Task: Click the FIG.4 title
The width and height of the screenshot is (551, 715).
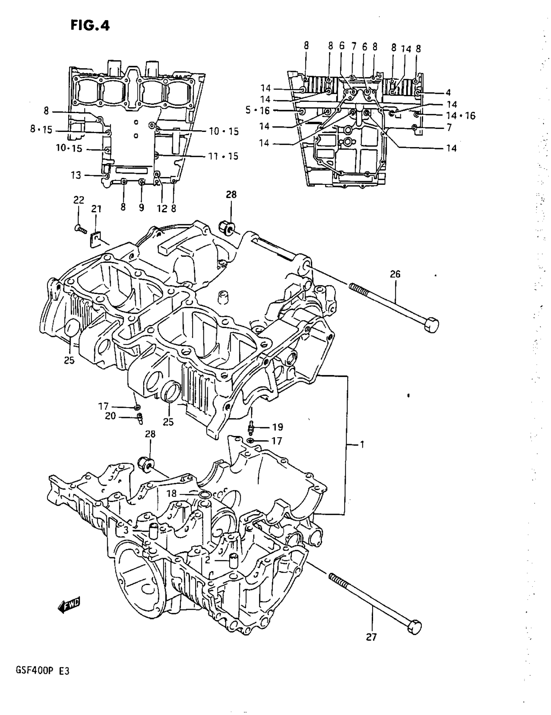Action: (x=90, y=26)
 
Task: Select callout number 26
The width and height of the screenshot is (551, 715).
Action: (x=395, y=274)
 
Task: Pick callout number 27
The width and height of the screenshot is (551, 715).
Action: (x=371, y=637)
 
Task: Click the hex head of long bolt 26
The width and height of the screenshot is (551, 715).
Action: (x=431, y=325)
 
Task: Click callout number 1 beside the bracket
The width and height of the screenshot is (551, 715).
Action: (x=362, y=445)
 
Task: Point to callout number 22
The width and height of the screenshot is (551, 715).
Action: (x=78, y=200)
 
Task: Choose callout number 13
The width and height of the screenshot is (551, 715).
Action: (x=76, y=175)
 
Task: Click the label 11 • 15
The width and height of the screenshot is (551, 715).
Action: (x=224, y=156)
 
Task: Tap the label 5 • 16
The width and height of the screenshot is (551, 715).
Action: (x=258, y=110)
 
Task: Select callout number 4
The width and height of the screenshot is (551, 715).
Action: (x=448, y=93)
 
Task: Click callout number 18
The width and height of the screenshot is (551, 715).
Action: (x=171, y=502)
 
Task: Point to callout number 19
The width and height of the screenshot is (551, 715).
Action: (x=278, y=427)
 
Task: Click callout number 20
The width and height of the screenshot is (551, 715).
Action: (x=110, y=416)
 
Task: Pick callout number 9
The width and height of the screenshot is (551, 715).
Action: (x=141, y=207)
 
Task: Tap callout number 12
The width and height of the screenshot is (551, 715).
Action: (x=162, y=208)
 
